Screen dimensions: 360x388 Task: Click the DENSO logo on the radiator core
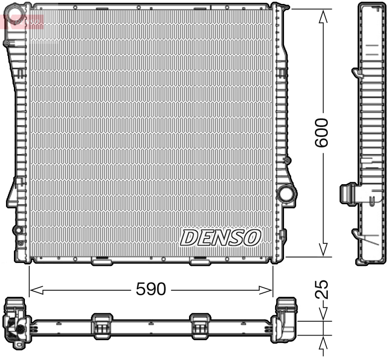[x=220, y=238]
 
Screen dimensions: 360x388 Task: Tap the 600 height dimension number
[x=323, y=132]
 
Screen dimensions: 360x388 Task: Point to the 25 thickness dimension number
[x=323, y=289]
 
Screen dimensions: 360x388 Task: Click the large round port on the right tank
[x=286, y=194]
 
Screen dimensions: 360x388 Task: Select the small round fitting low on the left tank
[x=18, y=230]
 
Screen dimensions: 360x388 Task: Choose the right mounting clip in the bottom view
[x=200, y=325]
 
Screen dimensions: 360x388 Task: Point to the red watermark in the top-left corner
[x=22, y=21]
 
